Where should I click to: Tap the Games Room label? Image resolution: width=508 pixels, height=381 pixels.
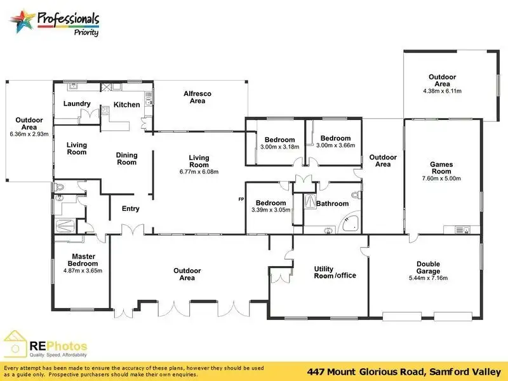pyautogui.click(x=441, y=167)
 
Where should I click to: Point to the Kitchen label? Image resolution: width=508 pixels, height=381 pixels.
pyautogui.click(x=126, y=105)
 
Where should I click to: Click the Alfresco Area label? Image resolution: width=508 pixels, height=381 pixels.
pyautogui.click(x=197, y=97)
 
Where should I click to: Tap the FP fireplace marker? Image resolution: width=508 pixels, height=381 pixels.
pyautogui.click(x=241, y=199)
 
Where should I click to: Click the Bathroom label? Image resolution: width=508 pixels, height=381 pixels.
pyautogui.click(x=333, y=204)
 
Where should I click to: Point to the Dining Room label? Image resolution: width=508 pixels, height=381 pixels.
pyautogui.click(x=126, y=158)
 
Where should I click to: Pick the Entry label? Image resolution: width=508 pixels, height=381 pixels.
pyautogui.click(x=130, y=208)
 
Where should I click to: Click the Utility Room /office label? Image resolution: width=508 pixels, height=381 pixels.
pyautogui.click(x=335, y=272)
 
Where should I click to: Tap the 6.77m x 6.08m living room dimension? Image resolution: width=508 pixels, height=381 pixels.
pyautogui.click(x=199, y=171)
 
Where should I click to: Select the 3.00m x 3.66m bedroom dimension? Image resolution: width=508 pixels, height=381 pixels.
pyautogui.click(x=335, y=145)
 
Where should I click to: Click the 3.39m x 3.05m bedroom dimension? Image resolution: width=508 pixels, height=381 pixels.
pyautogui.click(x=271, y=210)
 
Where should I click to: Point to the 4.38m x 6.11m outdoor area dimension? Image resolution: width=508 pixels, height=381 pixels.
pyautogui.click(x=442, y=91)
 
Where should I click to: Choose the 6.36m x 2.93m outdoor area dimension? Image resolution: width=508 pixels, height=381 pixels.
pyautogui.click(x=29, y=134)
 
